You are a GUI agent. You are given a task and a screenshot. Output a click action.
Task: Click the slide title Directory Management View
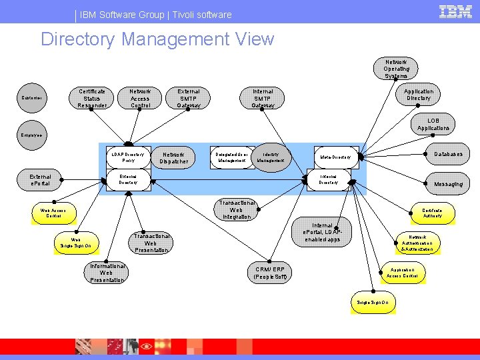pos(157,39)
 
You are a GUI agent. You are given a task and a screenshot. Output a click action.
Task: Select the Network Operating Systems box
pos(396,69)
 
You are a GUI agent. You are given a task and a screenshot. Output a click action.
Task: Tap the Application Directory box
pos(418,95)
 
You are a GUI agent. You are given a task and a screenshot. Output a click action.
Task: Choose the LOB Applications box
pos(433,125)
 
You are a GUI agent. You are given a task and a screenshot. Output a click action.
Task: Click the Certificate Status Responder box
pos(92,98)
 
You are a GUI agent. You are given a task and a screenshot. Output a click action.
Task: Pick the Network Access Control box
pos(140,98)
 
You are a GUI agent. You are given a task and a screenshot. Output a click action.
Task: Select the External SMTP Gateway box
pos(189,98)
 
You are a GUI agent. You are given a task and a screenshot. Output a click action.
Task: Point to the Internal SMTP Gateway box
pos(263,98)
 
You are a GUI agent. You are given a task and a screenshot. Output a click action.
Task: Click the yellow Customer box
pos(31,98)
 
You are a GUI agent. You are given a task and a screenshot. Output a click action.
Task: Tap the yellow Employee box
pos(31,135)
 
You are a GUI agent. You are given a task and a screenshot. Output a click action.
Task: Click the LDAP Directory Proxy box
pos(128,157)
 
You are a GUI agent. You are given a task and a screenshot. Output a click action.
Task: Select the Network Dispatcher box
pos(174,158)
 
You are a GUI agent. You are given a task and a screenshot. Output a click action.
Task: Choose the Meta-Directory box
pos(336,157)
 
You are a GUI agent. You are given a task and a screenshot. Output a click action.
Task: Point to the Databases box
pos(448,155)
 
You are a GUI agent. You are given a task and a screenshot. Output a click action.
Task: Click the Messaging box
pos(448,184)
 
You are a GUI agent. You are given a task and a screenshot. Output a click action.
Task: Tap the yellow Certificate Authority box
pos(432,213)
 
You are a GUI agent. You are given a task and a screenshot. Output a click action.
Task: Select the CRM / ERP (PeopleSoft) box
pos(270,273)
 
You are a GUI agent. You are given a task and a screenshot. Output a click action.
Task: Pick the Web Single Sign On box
pos(76,243)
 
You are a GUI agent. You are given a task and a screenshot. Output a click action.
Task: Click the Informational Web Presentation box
pos(107,273)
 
